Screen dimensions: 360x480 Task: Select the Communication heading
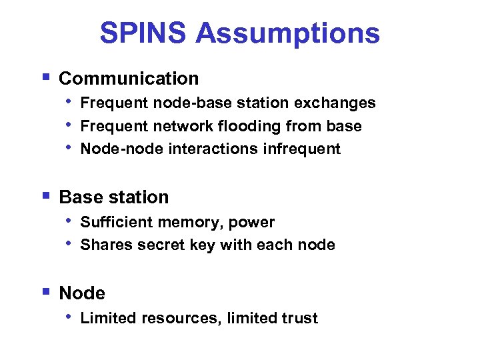pos(129,79)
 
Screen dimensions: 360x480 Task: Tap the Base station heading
pos(114,197)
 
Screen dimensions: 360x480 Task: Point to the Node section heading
pos(82,293)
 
